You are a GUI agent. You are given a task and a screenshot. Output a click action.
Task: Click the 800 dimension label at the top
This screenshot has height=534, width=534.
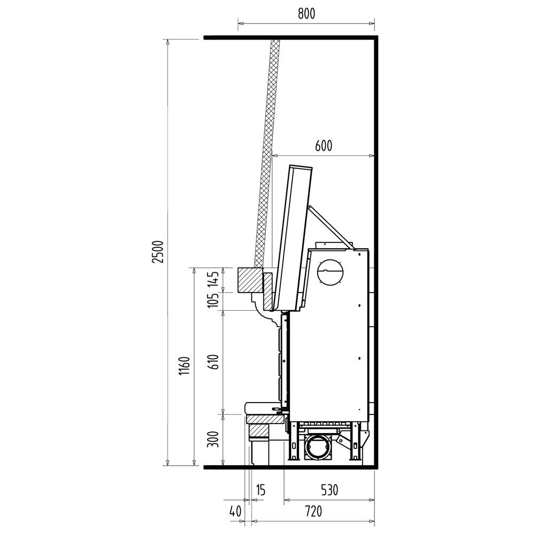(307, 14)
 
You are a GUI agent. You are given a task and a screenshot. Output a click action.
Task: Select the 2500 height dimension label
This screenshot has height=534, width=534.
(158, 252)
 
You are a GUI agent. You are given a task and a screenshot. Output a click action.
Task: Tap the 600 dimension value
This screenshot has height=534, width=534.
(323, 146)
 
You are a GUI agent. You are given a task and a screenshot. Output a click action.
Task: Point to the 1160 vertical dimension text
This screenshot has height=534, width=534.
(184, 366)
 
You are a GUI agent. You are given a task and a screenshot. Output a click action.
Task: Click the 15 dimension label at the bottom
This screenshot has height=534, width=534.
(260, 490)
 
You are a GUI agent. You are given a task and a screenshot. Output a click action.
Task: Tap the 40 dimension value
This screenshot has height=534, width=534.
(235, 511)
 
